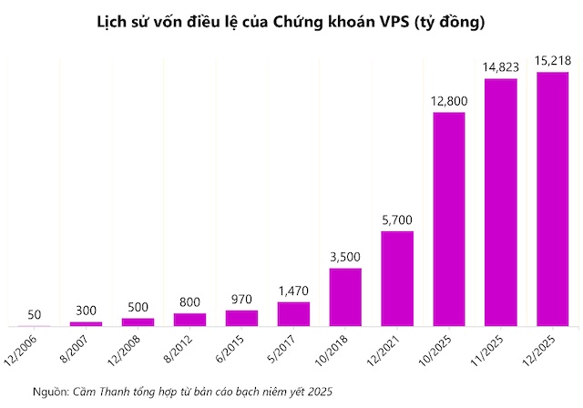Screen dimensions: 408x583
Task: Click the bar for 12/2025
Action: pyautogui.click(x=553, y=199)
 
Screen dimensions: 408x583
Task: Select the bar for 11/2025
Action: pyautogui.click(x=501, y=202)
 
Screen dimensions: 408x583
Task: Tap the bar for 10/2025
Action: pyautogui.click(x=449, y=219)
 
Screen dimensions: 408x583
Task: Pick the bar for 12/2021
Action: pyautogui.click(x=397, y=278)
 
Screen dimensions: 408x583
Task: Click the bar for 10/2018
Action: pyautogui.click(x=345, y=296)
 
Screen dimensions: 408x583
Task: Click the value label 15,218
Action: pyautogui.click(x=553, y=61)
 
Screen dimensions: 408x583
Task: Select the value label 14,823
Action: pyautogui.click(x=501, y=66)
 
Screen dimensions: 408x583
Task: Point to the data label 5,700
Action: pyautogui.click(x=397, y=219)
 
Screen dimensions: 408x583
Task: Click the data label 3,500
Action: pyautogui.click(x=345, y=256)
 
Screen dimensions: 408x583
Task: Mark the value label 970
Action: pyautogui.click(x=241, y=299)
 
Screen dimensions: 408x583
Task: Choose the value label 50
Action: pyautogui.click(x=35, y=314)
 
